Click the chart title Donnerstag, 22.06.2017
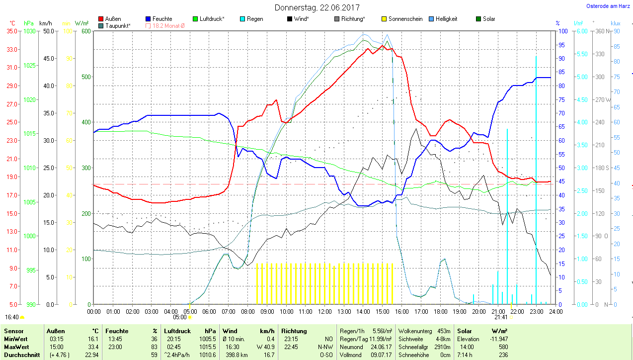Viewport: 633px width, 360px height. (x=317, y=7)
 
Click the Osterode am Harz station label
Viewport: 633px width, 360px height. (x=608, y=6)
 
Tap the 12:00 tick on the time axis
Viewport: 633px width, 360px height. (x=325, y=311)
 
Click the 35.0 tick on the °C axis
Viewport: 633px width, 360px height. (x=12, y=31)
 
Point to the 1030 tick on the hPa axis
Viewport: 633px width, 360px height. (x=30, y=31)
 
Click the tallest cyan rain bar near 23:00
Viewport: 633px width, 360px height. (x=536, y=179)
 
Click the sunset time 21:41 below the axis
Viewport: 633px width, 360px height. (x=501, y=317)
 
